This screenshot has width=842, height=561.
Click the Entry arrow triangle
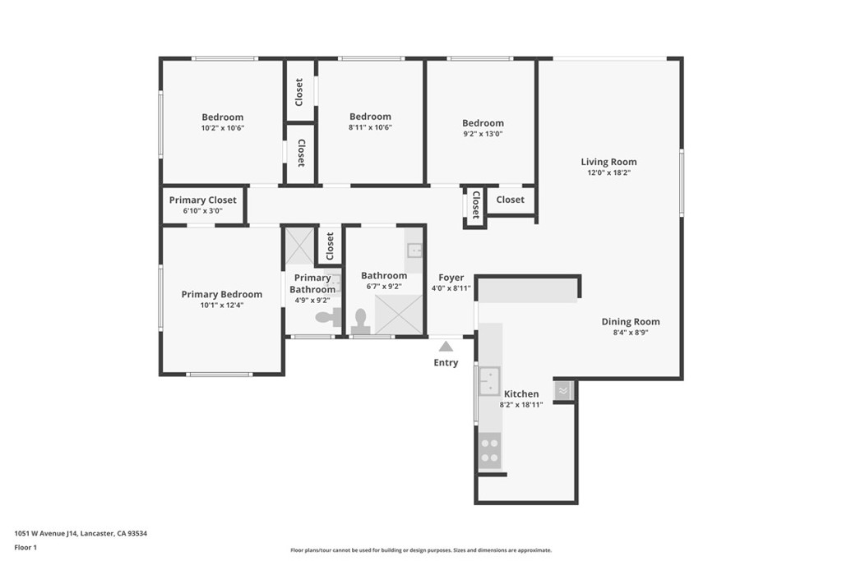point(446,347)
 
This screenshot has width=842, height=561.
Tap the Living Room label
point(608,162)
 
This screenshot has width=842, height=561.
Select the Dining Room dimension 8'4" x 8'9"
point(631,333)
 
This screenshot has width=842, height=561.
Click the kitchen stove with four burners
point(489,450)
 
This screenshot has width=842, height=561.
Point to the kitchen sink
point(489,381)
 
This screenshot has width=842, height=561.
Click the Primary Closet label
point(202,200)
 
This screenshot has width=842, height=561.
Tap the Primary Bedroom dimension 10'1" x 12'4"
point(222,306)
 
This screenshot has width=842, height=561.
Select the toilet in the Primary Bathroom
point(328,317)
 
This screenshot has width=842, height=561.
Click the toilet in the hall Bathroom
point(360,322)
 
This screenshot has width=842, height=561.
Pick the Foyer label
point(451,278)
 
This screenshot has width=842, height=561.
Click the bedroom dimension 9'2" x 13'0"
point(483,134)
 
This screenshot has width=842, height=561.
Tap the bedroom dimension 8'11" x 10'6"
point(370,127)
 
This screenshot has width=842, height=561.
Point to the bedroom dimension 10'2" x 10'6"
point(223,128)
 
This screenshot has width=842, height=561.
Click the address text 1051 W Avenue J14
point(47,534)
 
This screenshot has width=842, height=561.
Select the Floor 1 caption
point(25,548)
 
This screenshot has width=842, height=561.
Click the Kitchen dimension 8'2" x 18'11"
point(520,405)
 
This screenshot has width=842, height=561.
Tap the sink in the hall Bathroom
point(414,251)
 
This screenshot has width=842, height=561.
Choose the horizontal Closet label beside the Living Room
point(510,200)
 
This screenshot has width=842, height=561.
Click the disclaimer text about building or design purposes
point(421,550)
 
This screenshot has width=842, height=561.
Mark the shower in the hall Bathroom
point(399,315)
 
